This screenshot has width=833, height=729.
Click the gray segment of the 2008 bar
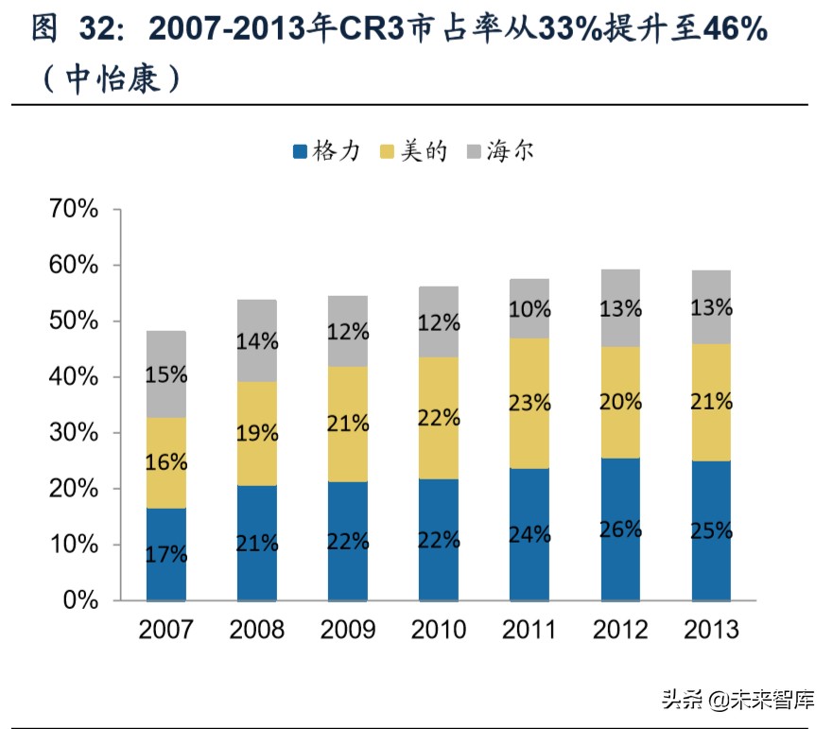point(257,321)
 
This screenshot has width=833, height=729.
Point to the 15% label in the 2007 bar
point(166,373)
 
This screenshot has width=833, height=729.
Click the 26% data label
point(620,529)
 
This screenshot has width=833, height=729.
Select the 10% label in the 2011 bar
point(529,308)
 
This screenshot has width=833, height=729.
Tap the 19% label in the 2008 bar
point(257,433)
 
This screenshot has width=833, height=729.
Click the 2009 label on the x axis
point(348,629)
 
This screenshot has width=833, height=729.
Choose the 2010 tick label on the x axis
point(439,629)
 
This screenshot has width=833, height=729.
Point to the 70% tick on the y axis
point(73,209)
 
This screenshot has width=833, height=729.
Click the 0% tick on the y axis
point(81,600)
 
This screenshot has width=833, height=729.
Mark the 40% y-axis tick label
point(73,377)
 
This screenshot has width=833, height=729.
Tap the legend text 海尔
point(511,150)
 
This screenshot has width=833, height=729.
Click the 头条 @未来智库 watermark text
point(737,701)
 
